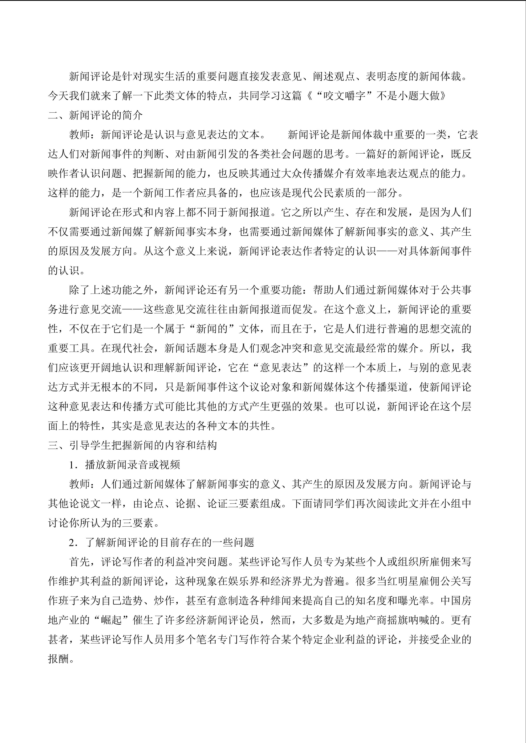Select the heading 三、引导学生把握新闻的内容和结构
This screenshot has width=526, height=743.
coord(133,445)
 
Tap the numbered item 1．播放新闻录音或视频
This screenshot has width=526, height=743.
coord(124,465)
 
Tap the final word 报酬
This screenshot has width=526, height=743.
coord(58,659)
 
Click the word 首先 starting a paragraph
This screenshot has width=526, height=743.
coord(79,562)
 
